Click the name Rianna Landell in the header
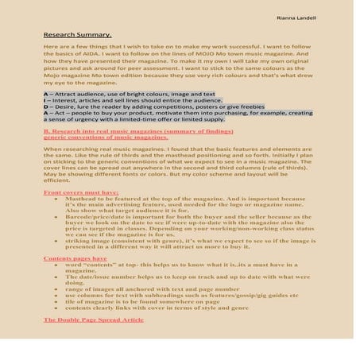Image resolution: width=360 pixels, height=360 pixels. (x=297, y=17)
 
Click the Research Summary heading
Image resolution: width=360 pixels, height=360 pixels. (x=77, y=35)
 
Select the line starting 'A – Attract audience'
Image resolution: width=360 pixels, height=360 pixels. (x=126, y=94)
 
